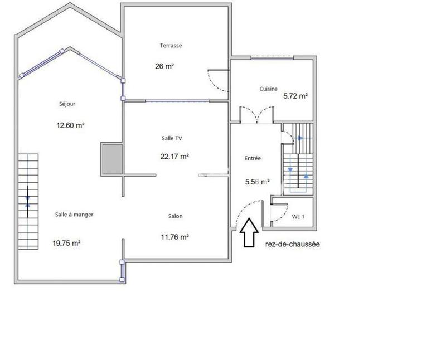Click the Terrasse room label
(x=171, y=46)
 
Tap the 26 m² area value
(x=164, y=66)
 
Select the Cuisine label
(x=268, y=89)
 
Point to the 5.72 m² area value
(x=295, y=96)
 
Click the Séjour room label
(x=66, y=104)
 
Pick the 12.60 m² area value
(x=70, y=125)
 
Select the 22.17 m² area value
(x=174, y=157)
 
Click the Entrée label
(x=253, y=159)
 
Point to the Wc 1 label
(x=298, y=217)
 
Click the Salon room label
(x=176, y=216)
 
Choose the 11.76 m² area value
(x=174, y=237)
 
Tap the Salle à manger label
(x=74, y=215)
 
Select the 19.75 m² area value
(x=67, y=243)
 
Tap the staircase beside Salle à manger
(x=28, y=202)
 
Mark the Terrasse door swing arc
(x=219, y=82)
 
